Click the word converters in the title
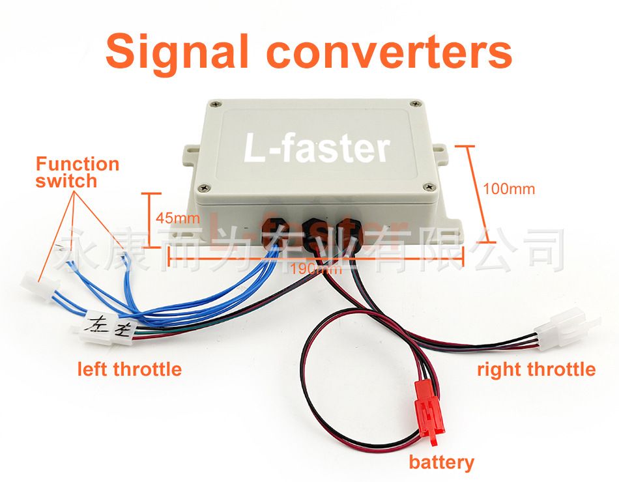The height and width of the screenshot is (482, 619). (x=390, y=52)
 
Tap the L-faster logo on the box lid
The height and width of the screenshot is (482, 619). (x=317, y=147)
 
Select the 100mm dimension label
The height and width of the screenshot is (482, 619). (x=509, y=189)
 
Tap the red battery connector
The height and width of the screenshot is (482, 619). (x=427, y=414)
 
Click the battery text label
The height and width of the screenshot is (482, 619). (x=441, y=462)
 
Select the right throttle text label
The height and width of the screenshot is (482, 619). (x=536, y=369)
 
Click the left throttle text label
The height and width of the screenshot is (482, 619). (x=129, y=369)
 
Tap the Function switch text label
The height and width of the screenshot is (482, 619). (x=77, y=172)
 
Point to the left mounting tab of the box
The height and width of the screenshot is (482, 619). (x=190, y=151)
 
